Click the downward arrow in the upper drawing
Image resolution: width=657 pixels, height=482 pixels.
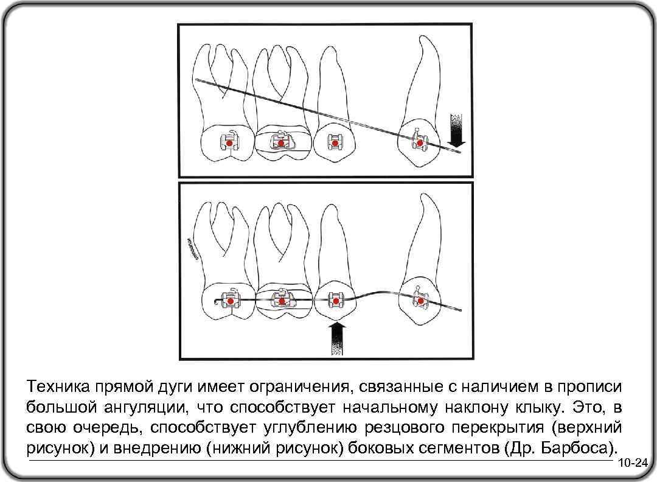tap(456, 130)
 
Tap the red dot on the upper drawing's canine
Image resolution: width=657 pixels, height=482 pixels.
tap(419, 143)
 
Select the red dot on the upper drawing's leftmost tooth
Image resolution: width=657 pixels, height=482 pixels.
tap(229, 142)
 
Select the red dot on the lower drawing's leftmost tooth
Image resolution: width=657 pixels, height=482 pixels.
tap(230, 302)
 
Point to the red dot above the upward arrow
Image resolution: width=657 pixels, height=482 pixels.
tap(335, 301)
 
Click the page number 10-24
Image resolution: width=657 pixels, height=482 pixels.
tap(633, 464)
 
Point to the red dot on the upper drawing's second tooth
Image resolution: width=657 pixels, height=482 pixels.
tap(280, 142)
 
